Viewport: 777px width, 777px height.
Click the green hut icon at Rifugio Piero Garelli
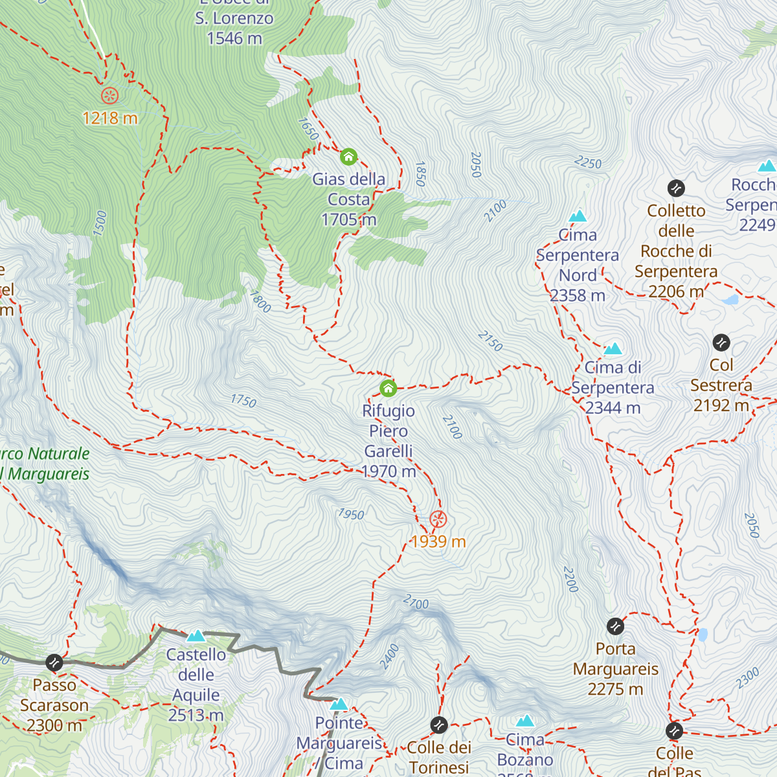coord(388,388)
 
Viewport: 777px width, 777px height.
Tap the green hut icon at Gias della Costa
coord(348,157)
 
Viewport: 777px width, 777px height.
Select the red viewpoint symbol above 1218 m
coord(110,96)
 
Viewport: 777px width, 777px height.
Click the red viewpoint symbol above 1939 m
coord(438,519)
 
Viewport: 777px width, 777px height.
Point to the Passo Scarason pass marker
coord(54,662)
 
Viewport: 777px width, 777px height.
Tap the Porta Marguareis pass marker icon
coord(615,626)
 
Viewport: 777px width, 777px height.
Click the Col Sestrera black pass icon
coord(721,343)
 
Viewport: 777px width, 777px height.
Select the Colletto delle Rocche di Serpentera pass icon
coord(676,188)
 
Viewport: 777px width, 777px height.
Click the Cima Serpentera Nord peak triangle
coord(578,216)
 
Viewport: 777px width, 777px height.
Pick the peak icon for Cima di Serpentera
coord(613,350)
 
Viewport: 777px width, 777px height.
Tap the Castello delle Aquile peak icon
coord(196,636)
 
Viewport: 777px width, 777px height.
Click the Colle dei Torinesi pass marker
coord(439,725)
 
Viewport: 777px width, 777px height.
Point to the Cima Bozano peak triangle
coord(525,721)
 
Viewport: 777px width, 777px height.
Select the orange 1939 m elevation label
coord(438,541)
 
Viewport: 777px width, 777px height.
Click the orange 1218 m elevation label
coord(110,118)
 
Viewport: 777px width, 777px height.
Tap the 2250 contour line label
coord(588,163)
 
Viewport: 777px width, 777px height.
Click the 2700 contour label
coord(416,603)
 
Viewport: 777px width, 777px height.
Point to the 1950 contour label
coord(351,514)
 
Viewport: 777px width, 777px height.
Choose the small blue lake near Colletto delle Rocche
coord(730,300)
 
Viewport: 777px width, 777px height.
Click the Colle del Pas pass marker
coord(674,731)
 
